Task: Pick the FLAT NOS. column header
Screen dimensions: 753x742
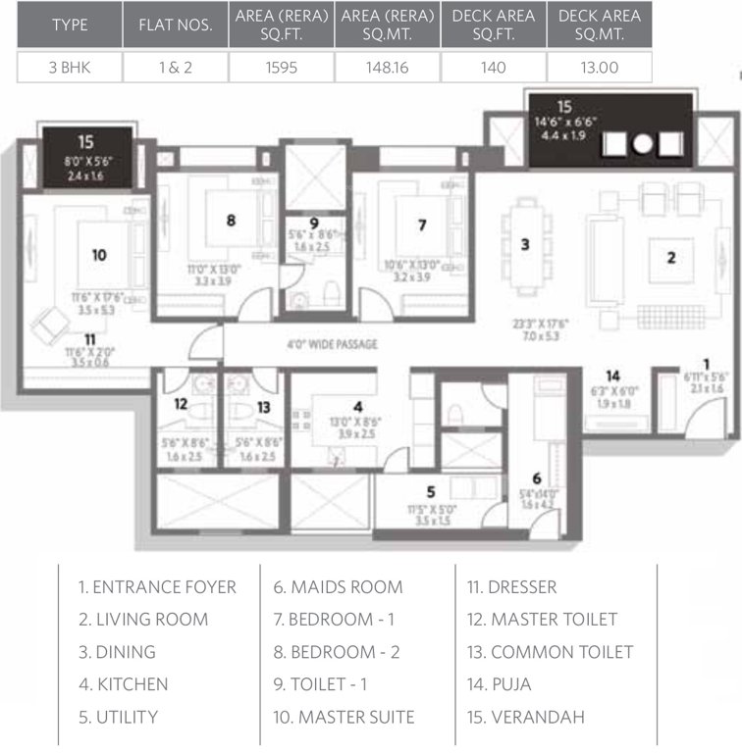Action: tap(175, 24)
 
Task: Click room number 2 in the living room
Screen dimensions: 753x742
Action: tap(670, 259)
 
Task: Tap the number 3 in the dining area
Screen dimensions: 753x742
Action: tap(525, 245)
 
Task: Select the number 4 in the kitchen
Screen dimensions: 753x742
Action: tap(358, 405)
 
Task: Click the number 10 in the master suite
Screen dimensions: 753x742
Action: tap(98, 255)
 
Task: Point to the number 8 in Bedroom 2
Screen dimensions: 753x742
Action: tap(231, 221)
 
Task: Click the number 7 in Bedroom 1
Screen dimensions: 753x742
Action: tap(421, 225)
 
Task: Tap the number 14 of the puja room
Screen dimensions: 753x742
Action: tap(612, 376)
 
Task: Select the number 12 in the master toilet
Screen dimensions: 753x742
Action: tap(181, 404)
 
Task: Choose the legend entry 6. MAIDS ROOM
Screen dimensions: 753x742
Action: tap(339, 587)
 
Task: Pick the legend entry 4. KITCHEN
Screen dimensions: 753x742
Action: tap(123, 684)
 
